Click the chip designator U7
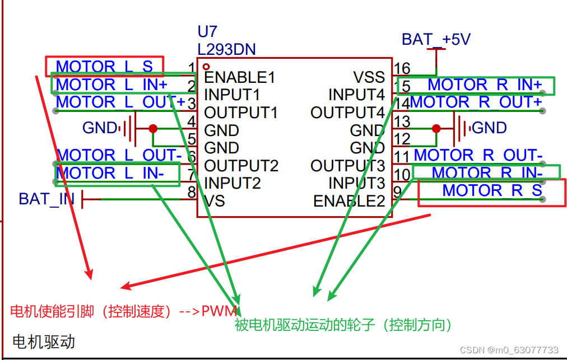(x=207, y=31)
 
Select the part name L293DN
(x=226, y=49)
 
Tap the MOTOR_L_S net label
(x=104, y=67)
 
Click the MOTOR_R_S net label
(x=492, y=190)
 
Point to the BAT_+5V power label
(x=436, y=39)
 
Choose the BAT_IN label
(x=47, y=199)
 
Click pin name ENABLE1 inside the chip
(x=239, y=77)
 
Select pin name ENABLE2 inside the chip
(x=349, y=201)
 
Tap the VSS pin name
(x=369, y=77)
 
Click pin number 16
(x=402, y=68)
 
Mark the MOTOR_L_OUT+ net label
(x=120, y=102)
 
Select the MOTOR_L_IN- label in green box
(x=110, y=173)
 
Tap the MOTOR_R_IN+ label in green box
(x=485, y=85)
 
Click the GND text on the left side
(x=99, y=128)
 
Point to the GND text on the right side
(x=490, y=128)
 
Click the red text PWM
(x=220, y=311)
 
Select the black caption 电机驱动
(x=43, y=341)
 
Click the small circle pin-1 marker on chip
(x=206, y=67)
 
